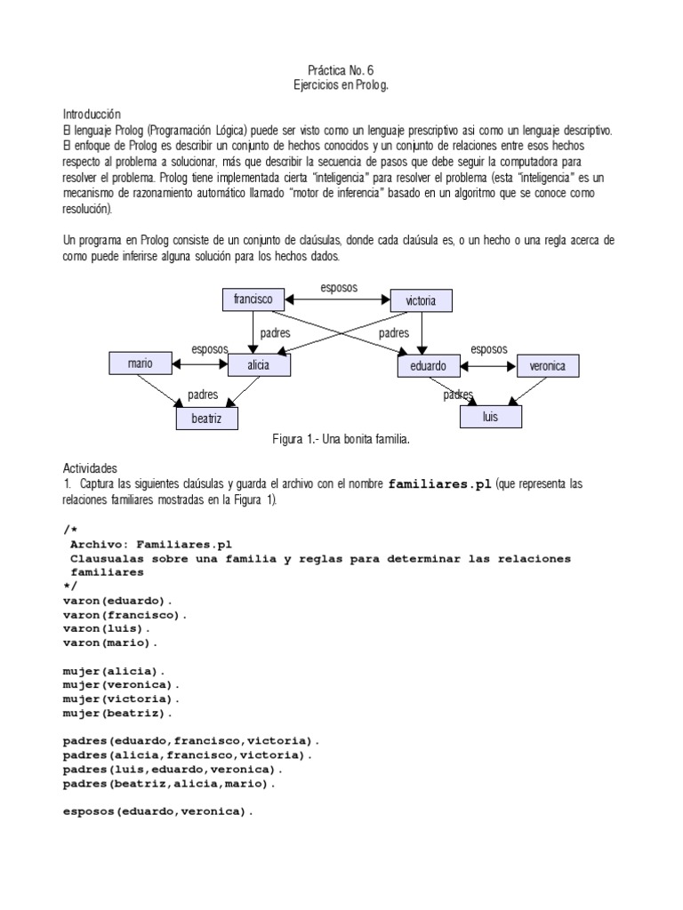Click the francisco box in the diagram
point(253,299)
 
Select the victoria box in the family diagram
point(421,300)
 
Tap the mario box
point(140,363)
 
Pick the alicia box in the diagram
point(259,364)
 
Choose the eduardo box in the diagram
point(429,365)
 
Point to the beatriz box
point(206,416)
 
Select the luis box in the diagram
point(490,416)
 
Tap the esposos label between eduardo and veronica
point(488,348)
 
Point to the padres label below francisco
point(274,333)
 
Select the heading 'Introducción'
point(91,115)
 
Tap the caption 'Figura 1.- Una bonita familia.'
point(344,440)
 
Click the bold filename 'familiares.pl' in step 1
point(440,484)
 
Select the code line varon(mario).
point(109,642)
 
